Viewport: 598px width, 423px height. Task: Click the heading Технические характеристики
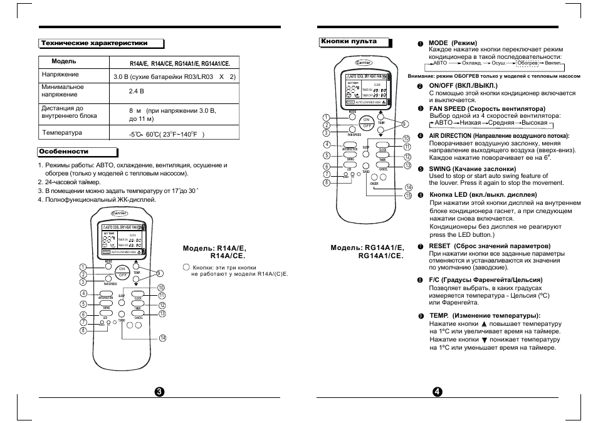(x=95, y=43)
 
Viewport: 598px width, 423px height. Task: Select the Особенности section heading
(x=64, y=152)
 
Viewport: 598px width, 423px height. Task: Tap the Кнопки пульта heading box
(x=349, y=42)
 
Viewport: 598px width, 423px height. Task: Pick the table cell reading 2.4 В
(x=137, y=91)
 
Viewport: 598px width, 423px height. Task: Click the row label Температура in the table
(x=62, y=133)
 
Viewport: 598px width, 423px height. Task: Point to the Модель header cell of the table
(x=64, y=61)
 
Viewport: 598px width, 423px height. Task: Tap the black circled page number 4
(x=437, y=391)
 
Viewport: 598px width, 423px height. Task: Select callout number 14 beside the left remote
(x=162, y=338)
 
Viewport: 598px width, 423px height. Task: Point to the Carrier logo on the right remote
(x=364, y=63)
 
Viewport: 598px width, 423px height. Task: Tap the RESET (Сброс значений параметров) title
(x=481, y=246)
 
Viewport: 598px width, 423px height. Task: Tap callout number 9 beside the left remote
(x=160, y=273)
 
